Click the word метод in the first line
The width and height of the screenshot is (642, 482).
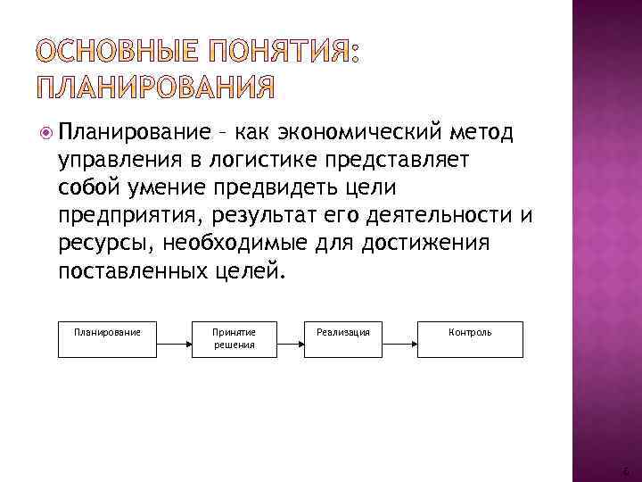482,134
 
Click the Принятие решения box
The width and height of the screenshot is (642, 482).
234,338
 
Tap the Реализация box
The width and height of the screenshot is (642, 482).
344,338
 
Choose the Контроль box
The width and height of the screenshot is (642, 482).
470,338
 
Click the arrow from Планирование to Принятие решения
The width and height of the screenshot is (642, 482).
172,339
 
